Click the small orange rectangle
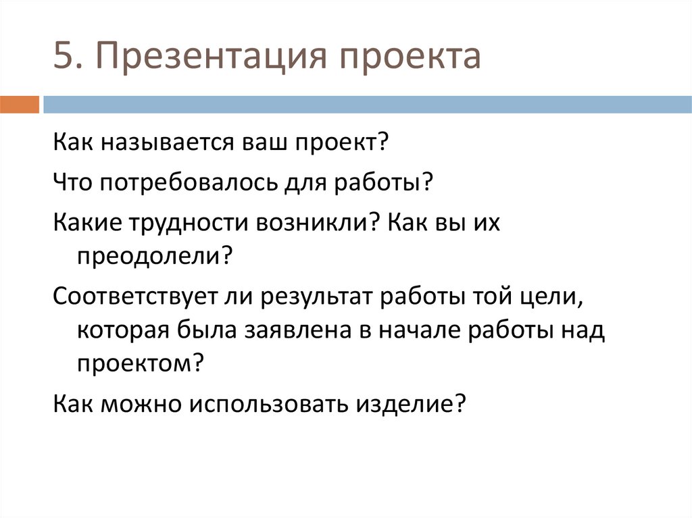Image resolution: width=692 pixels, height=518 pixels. point(20,105)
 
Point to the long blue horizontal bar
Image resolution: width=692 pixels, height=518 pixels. point(368,105)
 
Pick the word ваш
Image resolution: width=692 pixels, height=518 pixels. point(264,143)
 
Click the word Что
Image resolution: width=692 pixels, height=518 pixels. point(72,182)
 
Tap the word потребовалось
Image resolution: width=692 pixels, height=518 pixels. point(188,182)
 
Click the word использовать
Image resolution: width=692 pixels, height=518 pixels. point(269,404)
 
